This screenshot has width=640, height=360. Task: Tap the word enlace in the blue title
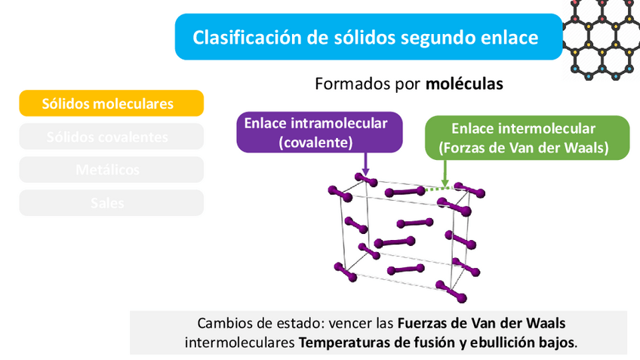(509, 37)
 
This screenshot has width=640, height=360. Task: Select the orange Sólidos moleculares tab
(111, 103)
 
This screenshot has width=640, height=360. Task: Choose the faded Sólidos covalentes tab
(111, 137)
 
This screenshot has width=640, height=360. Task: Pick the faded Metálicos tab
(111, 170)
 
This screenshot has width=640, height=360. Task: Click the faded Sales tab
(111, 203)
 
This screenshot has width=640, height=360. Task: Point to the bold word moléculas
(464, 84)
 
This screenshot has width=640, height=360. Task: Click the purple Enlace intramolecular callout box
(320, 133)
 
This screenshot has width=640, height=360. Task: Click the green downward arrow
(445, 173)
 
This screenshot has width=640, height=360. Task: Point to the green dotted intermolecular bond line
(436, 189)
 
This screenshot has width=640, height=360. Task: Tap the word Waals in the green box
(586, 148)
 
